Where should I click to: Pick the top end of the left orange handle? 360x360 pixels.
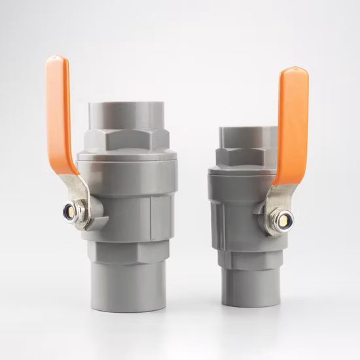(56, 60)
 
